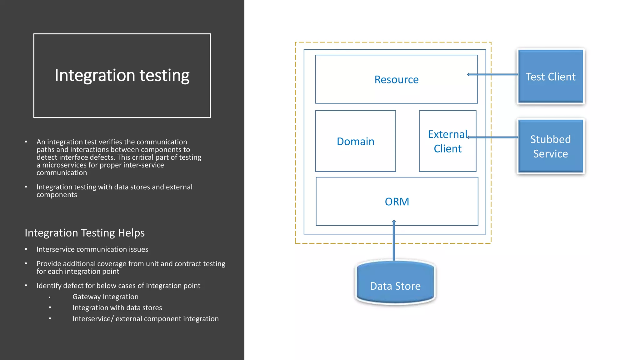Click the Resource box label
coord(396,80)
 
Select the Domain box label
coord(355,142)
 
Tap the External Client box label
coord(447,141)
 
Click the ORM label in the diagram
coord(397,202)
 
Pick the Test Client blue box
coord(550,77)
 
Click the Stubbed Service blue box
coord(550,146)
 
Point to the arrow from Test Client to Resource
coord(497,74)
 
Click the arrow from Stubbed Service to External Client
coord(497,137)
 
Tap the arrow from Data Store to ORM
coord(394,241)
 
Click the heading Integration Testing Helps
coord(85,233)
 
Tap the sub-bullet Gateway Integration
coord(105,297)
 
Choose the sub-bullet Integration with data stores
coord(117,308)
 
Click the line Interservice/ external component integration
coord(145,319)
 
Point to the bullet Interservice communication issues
coord(92,249)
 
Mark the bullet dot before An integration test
coord(26,142)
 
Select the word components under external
coord(57,195)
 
